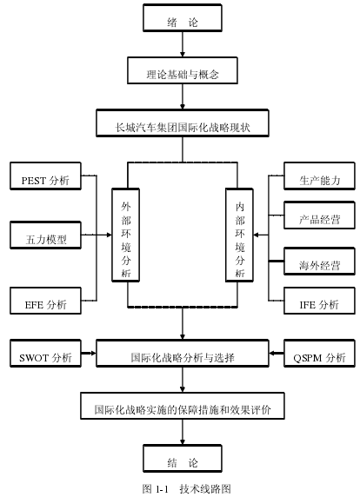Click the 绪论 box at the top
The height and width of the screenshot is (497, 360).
pyautogui.click(x=183, y=17)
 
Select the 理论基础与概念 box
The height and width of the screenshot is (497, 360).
pyautogui.click(x=183, y=70)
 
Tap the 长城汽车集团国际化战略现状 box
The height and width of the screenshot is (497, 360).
pyautogui.click(x=183, y=123)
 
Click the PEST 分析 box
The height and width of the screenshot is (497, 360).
pyautogui.click(x=45, y=176)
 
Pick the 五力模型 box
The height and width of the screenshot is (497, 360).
pyautogui.click(x=45, y=235)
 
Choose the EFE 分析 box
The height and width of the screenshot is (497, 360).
pyautogui.click(x=45, y=301)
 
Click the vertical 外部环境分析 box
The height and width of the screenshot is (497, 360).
pyautogui.click(x=125, y=235)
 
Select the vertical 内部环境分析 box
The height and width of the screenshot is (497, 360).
pyautogui.click(x=239, y=235)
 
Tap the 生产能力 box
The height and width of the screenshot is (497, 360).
pyautogui.click(x=319, y=176)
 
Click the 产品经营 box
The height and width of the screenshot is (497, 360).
pyautogui.click(x=319, y=215)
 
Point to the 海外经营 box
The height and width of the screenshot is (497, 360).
pyautogui.click(x=319, y=262)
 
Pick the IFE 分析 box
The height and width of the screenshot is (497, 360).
pyautogui.click(x=319, y=301)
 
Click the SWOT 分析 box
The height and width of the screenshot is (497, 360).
pyautogui.click(x=45, y=354)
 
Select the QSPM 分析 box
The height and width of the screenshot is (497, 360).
pyautogui.click(x=319, y=354)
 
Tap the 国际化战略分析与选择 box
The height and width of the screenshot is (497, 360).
pyautogui.click(x=183, y=354)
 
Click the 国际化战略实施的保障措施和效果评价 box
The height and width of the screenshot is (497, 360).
pyautogui.click(x=183, y=406)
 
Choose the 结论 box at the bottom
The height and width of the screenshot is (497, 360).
pyautogui.click(x=183, y=458)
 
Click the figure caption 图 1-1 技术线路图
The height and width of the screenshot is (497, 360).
pyautogui.click(x=186, y=488)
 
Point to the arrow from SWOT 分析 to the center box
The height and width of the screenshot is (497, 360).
pyautogui.click(x=89, y=353)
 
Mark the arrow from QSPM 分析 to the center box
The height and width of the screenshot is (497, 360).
pyautogui.click(x=277, y=353)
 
